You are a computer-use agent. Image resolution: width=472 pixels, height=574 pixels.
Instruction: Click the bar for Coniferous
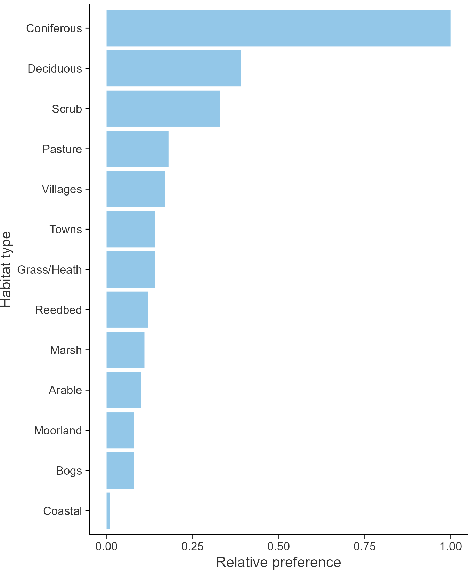pyautogui.click(x=278, y=28)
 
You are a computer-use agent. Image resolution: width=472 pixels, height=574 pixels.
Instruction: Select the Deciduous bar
pyautogui.click(x=173, y=68)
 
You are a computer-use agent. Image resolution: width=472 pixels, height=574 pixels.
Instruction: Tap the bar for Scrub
pyautogui.click(x=163, y=109)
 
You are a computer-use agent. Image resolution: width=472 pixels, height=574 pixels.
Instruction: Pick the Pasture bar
pyautogui.click(x=137, y=149)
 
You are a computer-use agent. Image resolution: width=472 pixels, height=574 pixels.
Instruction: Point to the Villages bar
pyautogui.click(x=136, y=189)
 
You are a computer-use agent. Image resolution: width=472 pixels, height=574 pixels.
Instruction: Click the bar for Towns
pyautogui.click(x=130, y=229)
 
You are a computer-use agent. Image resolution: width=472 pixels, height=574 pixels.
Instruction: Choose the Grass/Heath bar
pyautogui.click(x=130, y=269)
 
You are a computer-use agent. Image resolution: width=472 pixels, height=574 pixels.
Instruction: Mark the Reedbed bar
pyautogui.click(x=127, y=310)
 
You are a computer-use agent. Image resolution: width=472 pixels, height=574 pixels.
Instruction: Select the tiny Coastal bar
pyautogui.click(x=108, y=511)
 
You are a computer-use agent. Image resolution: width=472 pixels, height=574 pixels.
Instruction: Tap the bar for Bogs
pyautogui.click(x=120, y=471)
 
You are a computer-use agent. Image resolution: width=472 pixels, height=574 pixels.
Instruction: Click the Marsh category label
pyautogui.click(x=66, y=350)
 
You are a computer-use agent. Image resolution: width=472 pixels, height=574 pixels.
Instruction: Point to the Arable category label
pyautogui.click(x=65, y=390)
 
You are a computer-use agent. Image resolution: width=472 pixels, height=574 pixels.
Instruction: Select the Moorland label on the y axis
pyautogui.click(x=58, y=431)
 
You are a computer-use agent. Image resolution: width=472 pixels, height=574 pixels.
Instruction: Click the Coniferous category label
pyautogui.click(x=54, y=28)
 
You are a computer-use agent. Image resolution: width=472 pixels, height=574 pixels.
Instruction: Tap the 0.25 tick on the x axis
pyautogui.click(x=192, y=546)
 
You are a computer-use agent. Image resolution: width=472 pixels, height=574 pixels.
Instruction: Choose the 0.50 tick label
pyautogui.click(x=278, y=546)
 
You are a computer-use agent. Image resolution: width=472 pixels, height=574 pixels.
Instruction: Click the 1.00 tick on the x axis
pyautogui.click(x=450, y=546)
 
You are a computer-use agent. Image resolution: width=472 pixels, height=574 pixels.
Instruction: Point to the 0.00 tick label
pyautogui.click(x=106, y=546)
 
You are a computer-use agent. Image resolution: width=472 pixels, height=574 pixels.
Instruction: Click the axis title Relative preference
pyautogui.click(x=278, y=562)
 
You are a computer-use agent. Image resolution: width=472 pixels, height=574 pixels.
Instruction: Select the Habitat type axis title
pyautogui.click(x=6, y=269)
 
